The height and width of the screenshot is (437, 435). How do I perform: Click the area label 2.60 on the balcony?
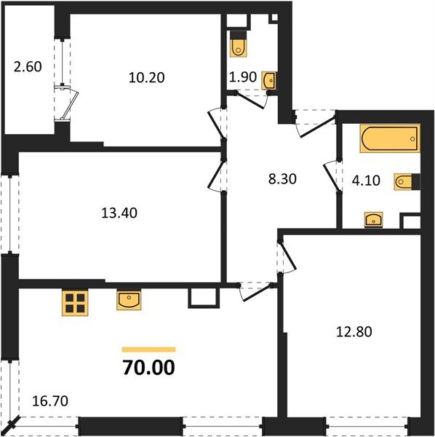[28, 67]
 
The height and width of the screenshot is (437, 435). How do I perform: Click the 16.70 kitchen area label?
[52, 400]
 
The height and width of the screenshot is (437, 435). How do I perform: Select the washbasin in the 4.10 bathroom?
[373, 219]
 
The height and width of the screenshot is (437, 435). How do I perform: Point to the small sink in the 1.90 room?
[269, 79]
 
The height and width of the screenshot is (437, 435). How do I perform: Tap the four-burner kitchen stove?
[74, 303]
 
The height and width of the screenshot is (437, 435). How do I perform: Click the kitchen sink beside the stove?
[130, 299]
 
